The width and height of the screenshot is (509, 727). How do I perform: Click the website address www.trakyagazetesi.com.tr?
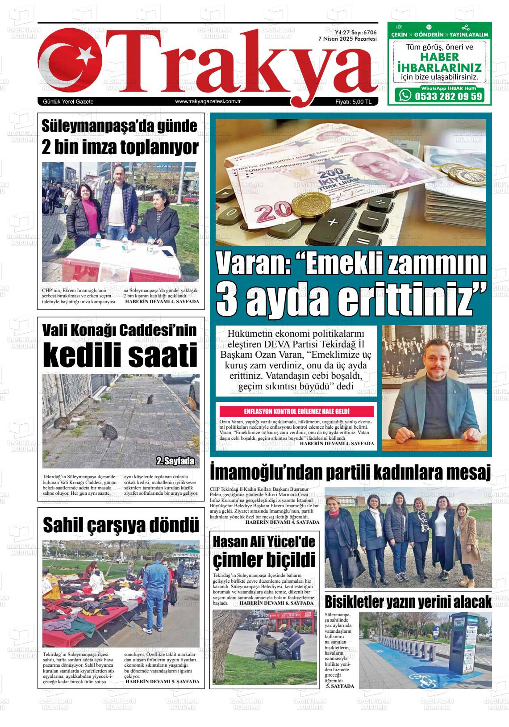click(x=208, y=102)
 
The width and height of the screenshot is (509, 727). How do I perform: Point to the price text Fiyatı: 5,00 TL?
click(x=354, y=102)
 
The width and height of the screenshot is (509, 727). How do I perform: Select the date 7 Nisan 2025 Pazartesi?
click(x=347, y=39)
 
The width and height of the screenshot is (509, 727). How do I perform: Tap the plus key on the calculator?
click(x=332, y=222)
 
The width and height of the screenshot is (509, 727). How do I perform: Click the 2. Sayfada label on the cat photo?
click(x=175, y=461)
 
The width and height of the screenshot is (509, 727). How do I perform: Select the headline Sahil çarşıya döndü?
click(x=121, y=525)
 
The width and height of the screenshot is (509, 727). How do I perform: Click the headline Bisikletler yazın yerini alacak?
click(x=408, y=602)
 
